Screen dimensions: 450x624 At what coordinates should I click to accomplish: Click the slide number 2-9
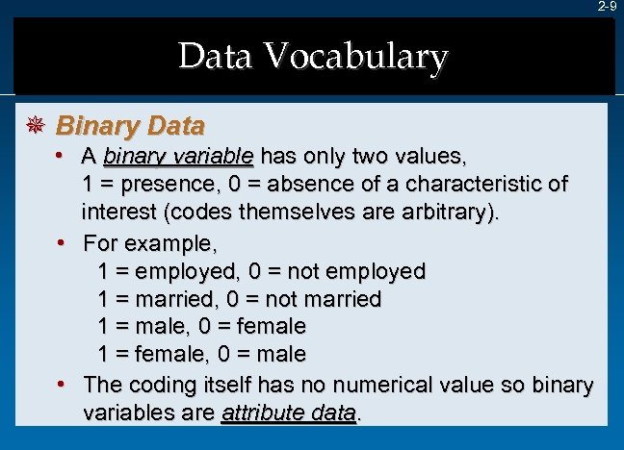coord(606,7)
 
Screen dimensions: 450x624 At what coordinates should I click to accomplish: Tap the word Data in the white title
coord(216,58)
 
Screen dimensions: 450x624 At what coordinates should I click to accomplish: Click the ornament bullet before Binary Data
coord(33,126)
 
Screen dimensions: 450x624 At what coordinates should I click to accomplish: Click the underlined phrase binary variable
coord(178,156)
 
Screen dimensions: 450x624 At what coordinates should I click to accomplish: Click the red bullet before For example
coord(63,239)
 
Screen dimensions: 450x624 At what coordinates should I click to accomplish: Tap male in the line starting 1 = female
coord(280,355)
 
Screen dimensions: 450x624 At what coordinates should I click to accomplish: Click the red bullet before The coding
coord(63,384)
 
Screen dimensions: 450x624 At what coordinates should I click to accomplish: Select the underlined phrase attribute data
coord(289,414)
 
